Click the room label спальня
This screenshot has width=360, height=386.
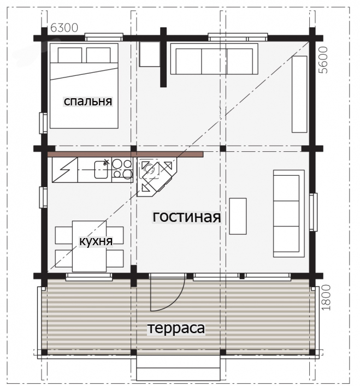[x=88, y=101]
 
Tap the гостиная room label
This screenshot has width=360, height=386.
[x=187, y=217]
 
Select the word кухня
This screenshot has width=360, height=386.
[x=96, y=241]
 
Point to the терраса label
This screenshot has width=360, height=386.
[x=176, y=328]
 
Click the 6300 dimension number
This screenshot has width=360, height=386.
[x=64, y=28]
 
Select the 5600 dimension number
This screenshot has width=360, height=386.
[x=323, y=60]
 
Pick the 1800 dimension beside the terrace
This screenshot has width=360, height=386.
[x=326, y=298]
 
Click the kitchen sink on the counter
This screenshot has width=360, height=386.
[x=101, y=169]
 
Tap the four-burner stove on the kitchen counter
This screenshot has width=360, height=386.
[x=122, y=170]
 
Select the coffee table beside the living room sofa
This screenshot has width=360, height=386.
[x=238, y=216]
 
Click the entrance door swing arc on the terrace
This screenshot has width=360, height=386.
[x=179, y=299]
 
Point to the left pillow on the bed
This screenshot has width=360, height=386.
[x=70, y=55]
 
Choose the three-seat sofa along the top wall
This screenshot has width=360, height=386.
[x=214, y=59]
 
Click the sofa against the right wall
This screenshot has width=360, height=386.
[x=288, y=213]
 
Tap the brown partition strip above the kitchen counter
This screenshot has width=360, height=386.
[x=125, y=155]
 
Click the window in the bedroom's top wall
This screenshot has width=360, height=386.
[x=104, y=37]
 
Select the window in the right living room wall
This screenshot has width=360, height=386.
[x=313, y=212]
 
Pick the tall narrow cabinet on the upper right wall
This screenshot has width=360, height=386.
[x=299, y=94]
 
